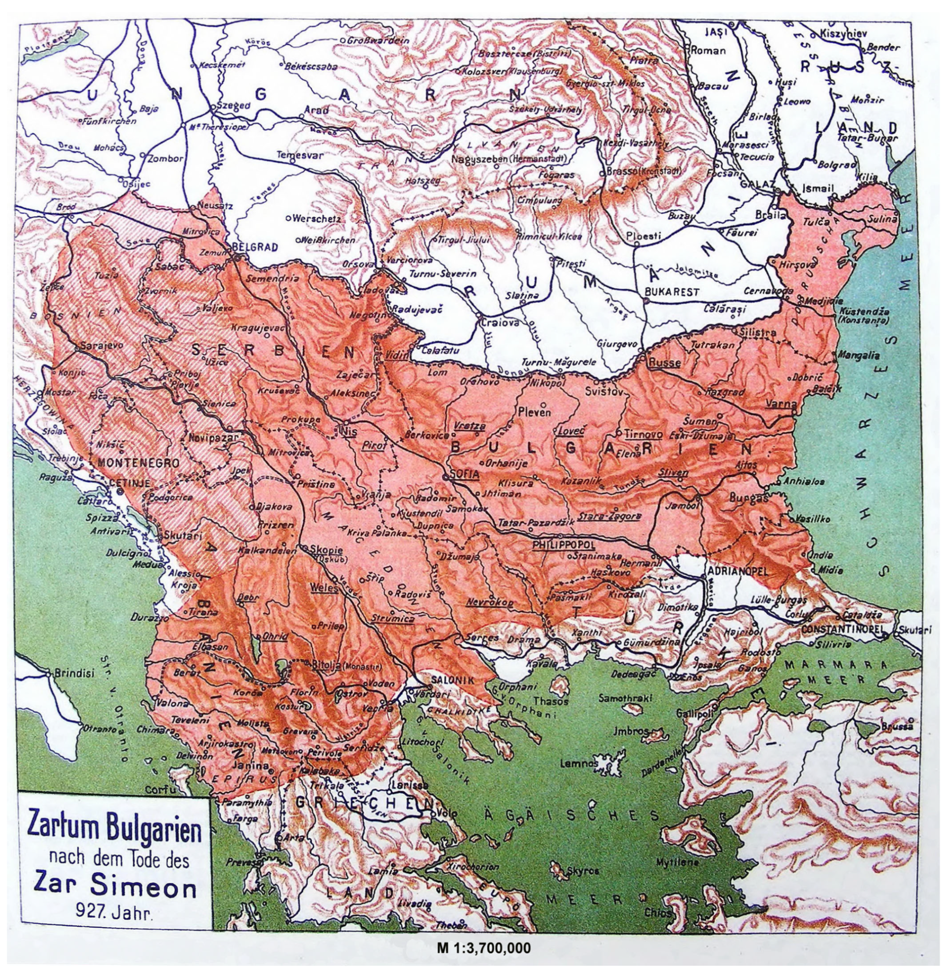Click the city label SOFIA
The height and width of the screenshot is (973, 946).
point(465,474)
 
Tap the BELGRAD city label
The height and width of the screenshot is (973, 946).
point(254,247)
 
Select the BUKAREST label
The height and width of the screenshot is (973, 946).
point(672,292)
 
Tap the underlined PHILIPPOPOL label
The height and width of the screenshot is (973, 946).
point(564,545)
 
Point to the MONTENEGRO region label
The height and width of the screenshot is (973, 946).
point(138,463)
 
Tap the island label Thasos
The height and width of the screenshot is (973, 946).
point(550,701)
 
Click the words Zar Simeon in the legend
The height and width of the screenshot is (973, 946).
point(115,888)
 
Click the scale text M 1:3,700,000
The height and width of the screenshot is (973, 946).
point(483,948)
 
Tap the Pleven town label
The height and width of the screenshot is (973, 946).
point(535,412)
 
